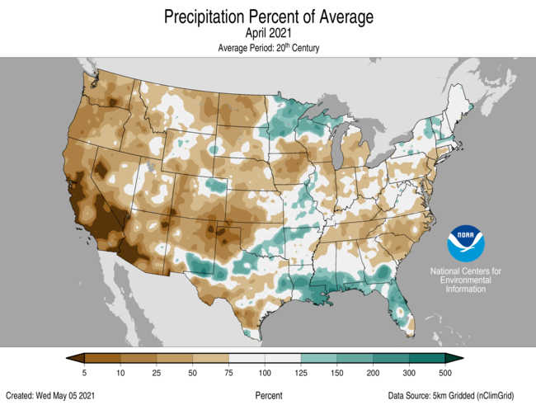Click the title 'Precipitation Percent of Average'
tap(268, 16)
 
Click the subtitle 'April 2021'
tap(268, 33)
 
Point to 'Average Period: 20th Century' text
tap(268, 48)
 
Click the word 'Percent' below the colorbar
tap(269, 395)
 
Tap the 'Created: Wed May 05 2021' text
tap(54, 395)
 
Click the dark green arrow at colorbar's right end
tap(454, 358)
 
